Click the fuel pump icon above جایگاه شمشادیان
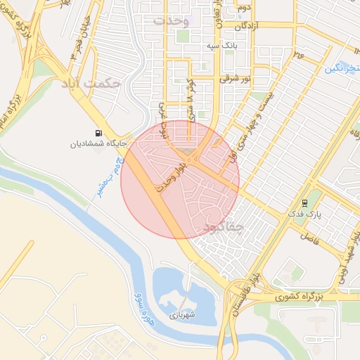(97, 134)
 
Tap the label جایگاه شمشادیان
(97, 145)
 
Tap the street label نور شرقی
(235, 79)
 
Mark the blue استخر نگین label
(344, 67)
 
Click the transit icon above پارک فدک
(304, 201)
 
